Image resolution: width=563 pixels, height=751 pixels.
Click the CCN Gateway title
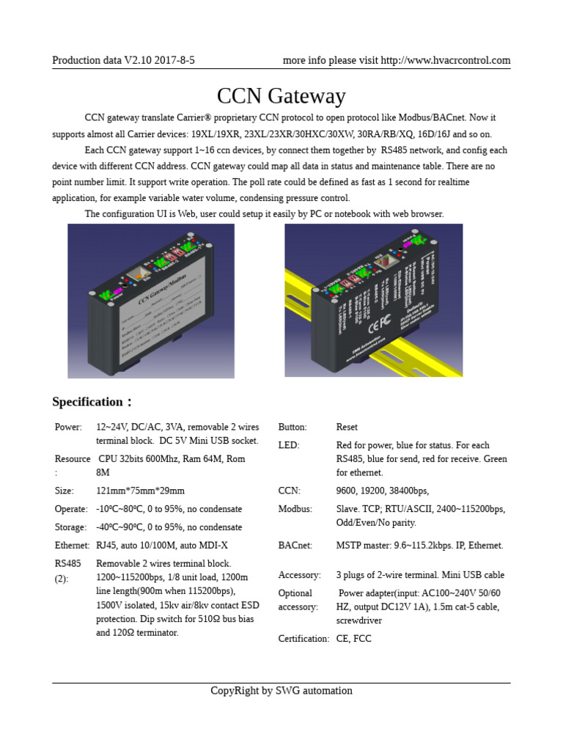click(281, 96)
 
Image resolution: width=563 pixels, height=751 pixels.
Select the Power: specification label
click(68, 427)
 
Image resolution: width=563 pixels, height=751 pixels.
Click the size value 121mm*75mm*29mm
click(141, 491)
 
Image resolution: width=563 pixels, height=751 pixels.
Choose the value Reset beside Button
click(347, 427)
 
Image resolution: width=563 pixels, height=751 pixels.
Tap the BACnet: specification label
click(295, 546)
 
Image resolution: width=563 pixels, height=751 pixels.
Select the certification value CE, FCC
click(354, 639)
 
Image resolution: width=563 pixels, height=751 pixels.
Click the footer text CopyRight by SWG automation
click(281, 691)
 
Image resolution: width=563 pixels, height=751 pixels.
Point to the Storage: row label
click(70, 527)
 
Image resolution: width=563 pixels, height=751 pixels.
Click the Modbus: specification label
click(295, 509)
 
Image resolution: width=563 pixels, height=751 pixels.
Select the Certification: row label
click(303, 639)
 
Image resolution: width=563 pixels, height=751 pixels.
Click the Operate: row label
click(71, 509)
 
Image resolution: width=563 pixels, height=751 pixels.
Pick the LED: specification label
click(289, 445)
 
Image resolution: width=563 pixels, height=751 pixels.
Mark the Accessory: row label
click(299, 575)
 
